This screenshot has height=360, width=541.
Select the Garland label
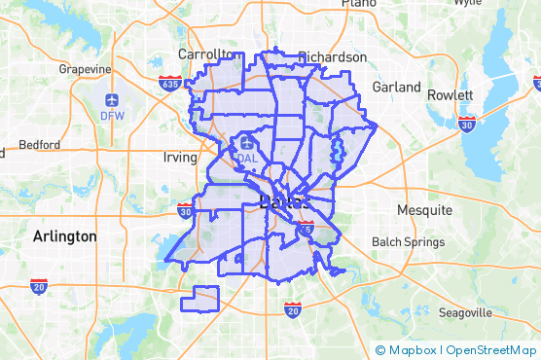pyautogui.click(x=396, y=87)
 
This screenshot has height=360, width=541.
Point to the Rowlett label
pyautogui.click(x=449, y=95)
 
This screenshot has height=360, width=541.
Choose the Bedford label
pyautogui.click(x=39, y=144)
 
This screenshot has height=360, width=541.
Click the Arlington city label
pyautogui.click(x=64, y=236)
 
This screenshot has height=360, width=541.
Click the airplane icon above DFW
pyautogui.click(x=113, y=100)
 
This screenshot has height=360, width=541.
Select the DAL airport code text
pyautogui.click(x=246, y=159)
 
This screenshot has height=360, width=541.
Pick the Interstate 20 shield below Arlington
pyautogui.click(x=39, y=287)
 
